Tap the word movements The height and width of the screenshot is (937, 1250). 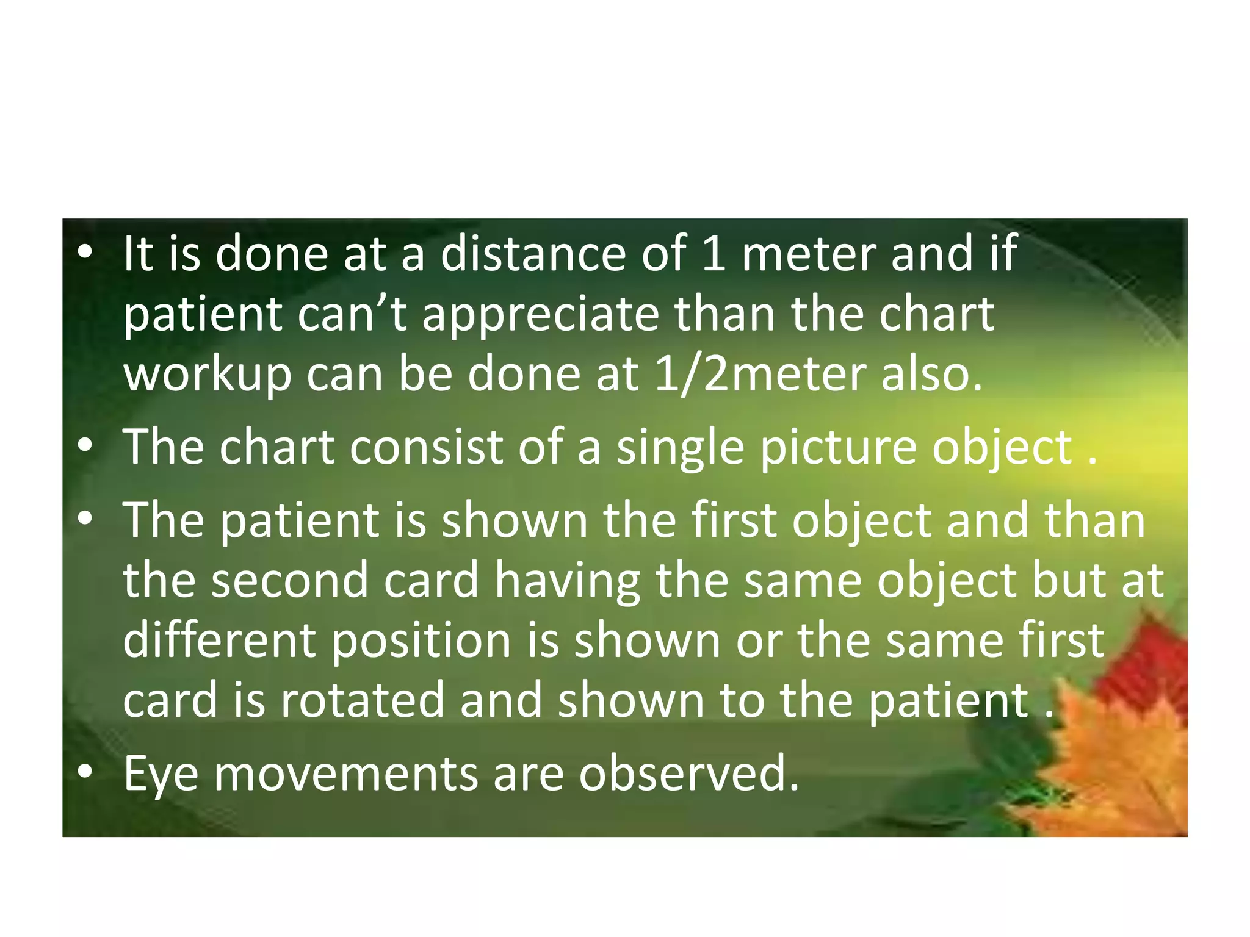(x=345, y=774)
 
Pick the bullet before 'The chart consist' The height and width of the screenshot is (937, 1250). (x=85, y=445)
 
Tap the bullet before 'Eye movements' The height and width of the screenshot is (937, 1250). (x=85, y=772)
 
